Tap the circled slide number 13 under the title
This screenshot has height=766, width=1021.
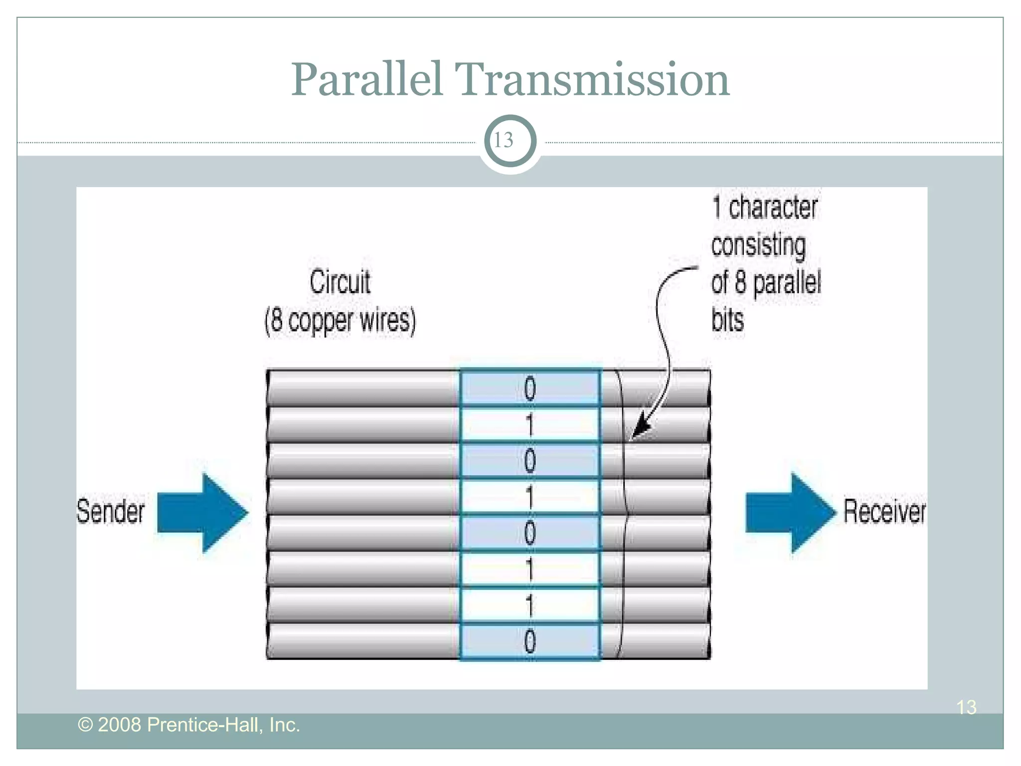click(x=510, y=141)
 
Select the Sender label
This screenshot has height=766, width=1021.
click(x=110, y=512)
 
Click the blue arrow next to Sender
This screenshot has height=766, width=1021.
click(x=202, y=513)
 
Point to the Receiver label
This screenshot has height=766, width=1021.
click(x=884, y=512)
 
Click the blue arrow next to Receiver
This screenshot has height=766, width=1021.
click(x=790, y=513)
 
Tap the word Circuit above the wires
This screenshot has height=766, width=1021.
click(x=340, y=282)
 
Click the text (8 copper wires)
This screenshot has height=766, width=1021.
click(x=340, y=320)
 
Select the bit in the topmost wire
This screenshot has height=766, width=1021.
click(x=529, y=389)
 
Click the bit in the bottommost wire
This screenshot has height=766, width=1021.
click(x=529, y=641)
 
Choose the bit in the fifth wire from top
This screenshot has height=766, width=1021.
click(x=529, y=533)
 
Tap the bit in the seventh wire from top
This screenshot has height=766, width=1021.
click(x=529, y=605)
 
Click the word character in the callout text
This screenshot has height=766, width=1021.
click(x=773, y=207)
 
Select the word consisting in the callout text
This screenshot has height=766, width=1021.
click(x=758, y=245)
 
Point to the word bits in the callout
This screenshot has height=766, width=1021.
click(x=727, y=320)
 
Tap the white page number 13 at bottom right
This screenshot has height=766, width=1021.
click(x=966, y=707)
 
